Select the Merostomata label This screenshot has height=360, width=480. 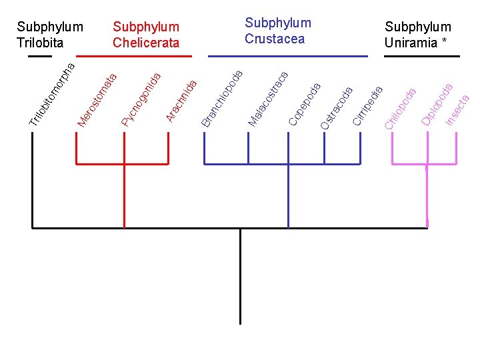coord(97,99)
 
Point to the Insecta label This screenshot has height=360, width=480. coord(459,109)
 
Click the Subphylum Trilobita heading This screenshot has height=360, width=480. coord(50,35)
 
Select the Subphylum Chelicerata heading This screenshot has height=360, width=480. coord(146,35)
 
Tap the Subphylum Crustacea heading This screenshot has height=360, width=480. coord(278,31)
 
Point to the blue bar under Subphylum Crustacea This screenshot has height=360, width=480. coord(288,56)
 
